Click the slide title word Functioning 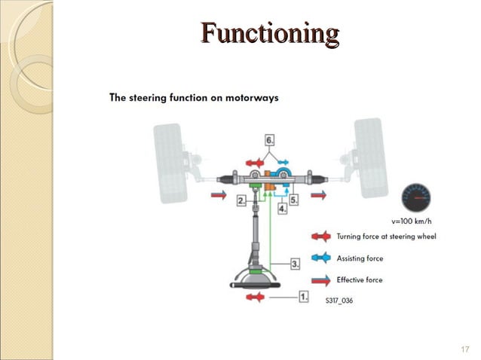[x=270, y=35]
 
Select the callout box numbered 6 [x=269, y=140]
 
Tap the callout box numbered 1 [x=303, y=297]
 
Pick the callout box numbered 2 [x=241, y=201]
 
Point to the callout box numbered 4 [x=282, y=209]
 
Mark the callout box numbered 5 [x=295, y=200]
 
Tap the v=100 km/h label [x=412, y=221]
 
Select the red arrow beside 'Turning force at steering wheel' [x=320, y=236]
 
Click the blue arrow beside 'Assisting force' [x=320, y=258]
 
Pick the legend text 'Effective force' [x=360, y=280]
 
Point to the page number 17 [x=464, y=349]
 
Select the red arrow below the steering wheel [x=254, y=297]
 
